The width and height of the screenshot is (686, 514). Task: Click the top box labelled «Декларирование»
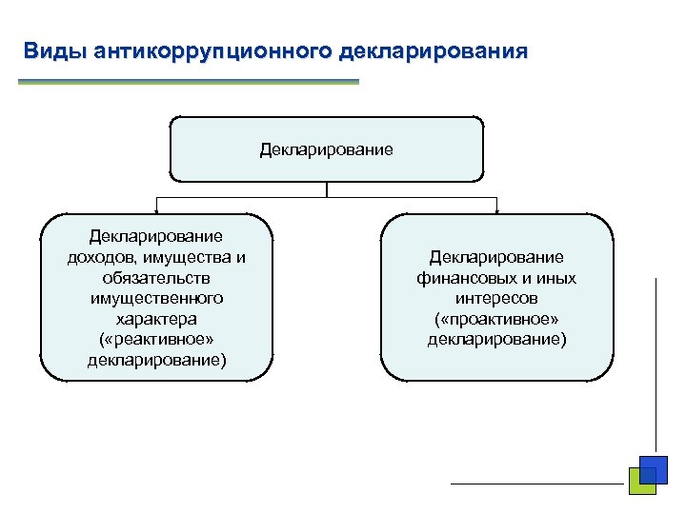click(327, 149)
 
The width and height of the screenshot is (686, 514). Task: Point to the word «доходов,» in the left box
click(101, 256)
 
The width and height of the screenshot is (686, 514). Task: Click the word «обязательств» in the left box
click(156, 277)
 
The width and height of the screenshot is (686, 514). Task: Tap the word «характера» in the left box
click(156, 319)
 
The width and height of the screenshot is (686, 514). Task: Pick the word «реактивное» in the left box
click(160, 340)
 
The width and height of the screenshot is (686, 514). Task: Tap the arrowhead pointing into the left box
click(157, 209)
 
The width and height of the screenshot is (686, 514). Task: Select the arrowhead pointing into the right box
click(496, 209)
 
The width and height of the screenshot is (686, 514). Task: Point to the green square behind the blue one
click(636, 484)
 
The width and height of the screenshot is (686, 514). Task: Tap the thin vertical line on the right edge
click(656, 362)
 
